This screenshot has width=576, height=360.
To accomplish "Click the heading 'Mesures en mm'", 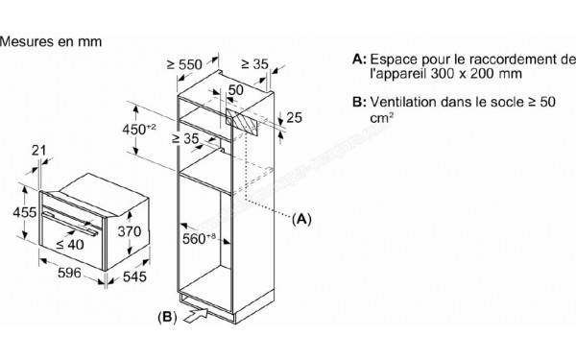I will tap(52, 43).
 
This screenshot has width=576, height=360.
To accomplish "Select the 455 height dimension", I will tap(13, 212).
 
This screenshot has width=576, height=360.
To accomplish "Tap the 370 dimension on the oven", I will tap(130, 231).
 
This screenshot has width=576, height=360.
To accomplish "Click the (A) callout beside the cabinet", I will tap(302, 219).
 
